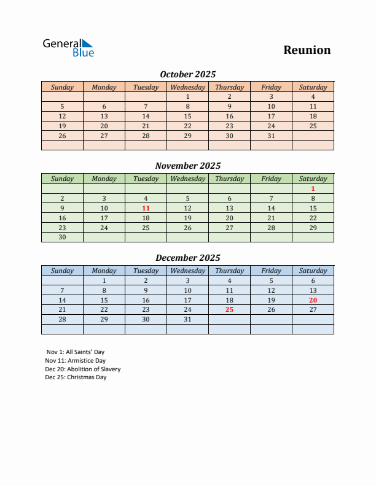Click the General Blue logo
coord(68,48)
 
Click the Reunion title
coord(307,50)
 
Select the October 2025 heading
coord(187,74)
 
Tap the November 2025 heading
coord(187,166)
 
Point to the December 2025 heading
coord(187,258)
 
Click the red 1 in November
coord(313,189)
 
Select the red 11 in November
coord(146,208)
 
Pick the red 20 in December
coord(313,300)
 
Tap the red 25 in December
coord(229,310)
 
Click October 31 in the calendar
coord(271,136)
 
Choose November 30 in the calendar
coord(62,237)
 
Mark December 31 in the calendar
coord(187,320)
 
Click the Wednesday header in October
coord(187,87)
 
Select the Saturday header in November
coord(313,179)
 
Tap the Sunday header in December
coord(62,271)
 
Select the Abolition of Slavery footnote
coord(82,369)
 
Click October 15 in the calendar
coord(187,116)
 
